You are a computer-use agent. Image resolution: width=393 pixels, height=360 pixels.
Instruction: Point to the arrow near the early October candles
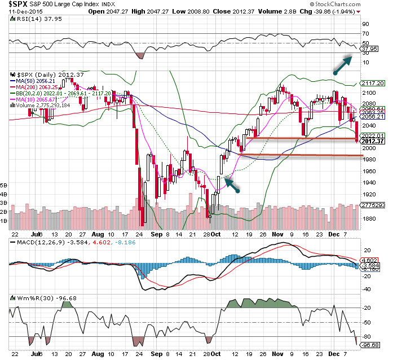pos(232,185)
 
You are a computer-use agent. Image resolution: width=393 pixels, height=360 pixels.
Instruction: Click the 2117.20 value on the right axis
pos(373,83)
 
